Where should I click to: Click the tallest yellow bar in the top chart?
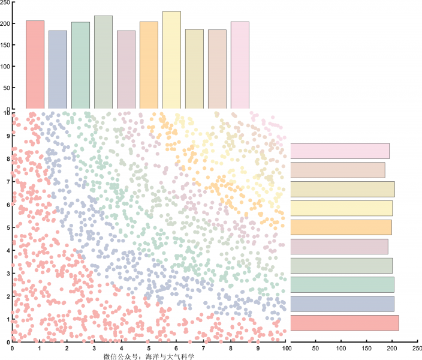171,60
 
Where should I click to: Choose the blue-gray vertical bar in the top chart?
58,70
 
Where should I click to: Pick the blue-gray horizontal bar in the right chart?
342,304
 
